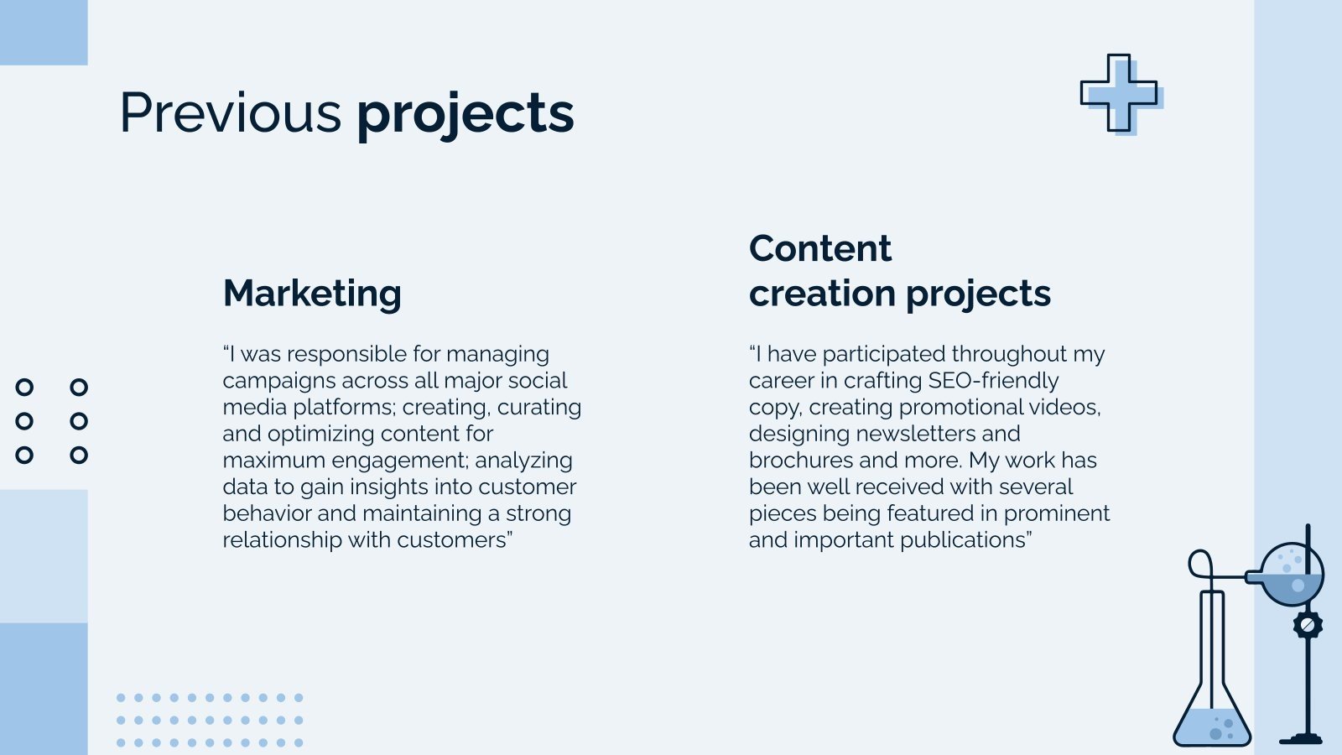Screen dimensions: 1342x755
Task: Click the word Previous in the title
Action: click(x=231, y=112)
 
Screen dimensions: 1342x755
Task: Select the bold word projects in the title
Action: click(x=466, y=116)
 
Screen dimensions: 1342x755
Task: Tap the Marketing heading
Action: click(x=312, y=294)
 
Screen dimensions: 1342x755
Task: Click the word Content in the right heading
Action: click(x=820, y=248)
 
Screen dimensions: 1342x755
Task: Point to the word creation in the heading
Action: click(x=822, y=293)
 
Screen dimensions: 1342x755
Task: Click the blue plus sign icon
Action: click(x=1121, y=94)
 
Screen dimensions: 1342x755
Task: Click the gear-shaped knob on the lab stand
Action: click(x=1308, y=625)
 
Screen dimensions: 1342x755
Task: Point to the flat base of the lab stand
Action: click(x=1301, y=739)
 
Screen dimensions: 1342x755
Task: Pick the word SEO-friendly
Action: click(x=993, y=381)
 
